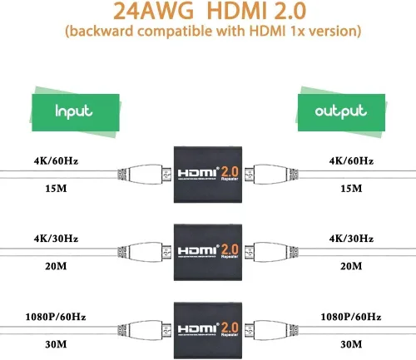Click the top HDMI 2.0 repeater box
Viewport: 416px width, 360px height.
click(x=207, y=173)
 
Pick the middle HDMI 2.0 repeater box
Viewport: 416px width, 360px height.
click(x=207, y=248)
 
